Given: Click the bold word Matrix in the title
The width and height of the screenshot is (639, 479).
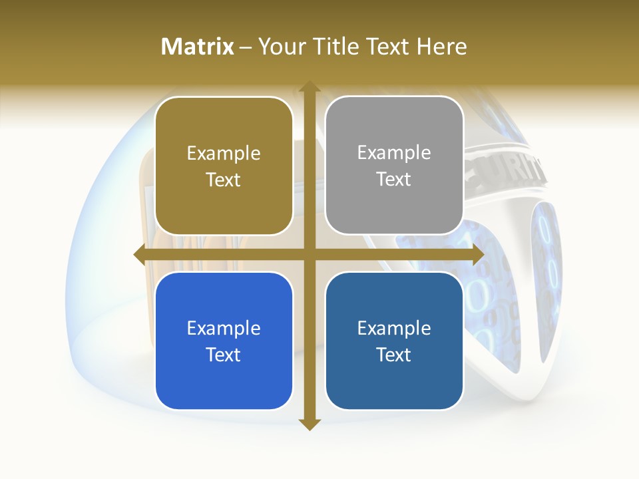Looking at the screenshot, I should click(198, 47).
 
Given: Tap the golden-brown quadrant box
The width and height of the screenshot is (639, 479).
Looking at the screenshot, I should click(224, 166).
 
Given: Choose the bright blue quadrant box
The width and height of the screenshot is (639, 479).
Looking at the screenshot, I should click(224, 341).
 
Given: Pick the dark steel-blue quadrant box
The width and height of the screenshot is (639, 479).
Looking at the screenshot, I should click(394, 341).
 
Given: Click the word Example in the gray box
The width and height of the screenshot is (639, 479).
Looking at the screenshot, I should click(394, 153).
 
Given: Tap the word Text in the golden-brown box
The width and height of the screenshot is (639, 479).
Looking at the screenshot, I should click(224, 180).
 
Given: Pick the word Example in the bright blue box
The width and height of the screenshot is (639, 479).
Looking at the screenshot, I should click(224, 329).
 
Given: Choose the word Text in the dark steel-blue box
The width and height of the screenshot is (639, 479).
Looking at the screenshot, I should click(394, 355).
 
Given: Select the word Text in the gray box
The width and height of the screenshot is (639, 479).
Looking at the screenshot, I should click(394, 180).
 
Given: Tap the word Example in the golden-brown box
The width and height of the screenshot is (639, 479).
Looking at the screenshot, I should click(224, 154).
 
